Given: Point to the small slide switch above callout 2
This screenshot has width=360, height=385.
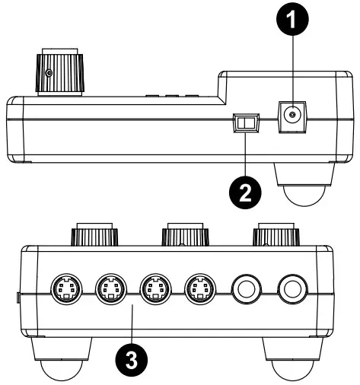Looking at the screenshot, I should (x=245, y=122).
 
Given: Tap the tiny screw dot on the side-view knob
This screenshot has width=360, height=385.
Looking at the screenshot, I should (x=49, y=73).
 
